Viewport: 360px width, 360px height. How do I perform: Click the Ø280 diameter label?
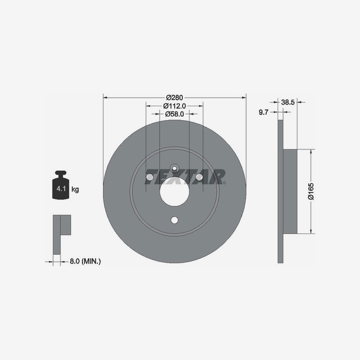(x=175, y=98)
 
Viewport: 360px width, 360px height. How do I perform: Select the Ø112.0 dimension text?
(x=175, y=106)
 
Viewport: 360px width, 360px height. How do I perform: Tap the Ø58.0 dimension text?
(x=175, y=114)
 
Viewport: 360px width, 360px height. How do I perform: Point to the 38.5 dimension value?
(x=288, y=102)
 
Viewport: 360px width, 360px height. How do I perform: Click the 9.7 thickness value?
(x=263, y=112)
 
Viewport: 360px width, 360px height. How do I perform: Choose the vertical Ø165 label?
(x=311, y=191)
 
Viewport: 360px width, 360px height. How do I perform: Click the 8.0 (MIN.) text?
(x=85, y=261)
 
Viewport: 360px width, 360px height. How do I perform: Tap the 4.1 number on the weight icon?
(x=61, y=189)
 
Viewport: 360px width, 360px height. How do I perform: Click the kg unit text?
(x=75, y=189)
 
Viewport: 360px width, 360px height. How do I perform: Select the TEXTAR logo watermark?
(x=185, y=177)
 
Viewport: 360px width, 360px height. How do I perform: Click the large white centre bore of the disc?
(x=175, y=192)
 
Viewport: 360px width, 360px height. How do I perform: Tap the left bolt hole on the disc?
(x=150, y=177)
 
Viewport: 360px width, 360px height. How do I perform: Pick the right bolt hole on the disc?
(x=199, y=177)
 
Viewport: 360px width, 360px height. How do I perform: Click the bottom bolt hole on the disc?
(x=175, y=220)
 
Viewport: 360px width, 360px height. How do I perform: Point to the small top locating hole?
(x=175, y=168)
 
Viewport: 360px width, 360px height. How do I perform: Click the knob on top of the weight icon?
(x=61, y=173)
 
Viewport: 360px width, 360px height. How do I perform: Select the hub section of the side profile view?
(x=290, y=192)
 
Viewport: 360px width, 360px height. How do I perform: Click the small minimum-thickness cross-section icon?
(x=62, y=234)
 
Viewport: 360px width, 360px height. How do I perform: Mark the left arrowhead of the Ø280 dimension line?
(x=105, y=98)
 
